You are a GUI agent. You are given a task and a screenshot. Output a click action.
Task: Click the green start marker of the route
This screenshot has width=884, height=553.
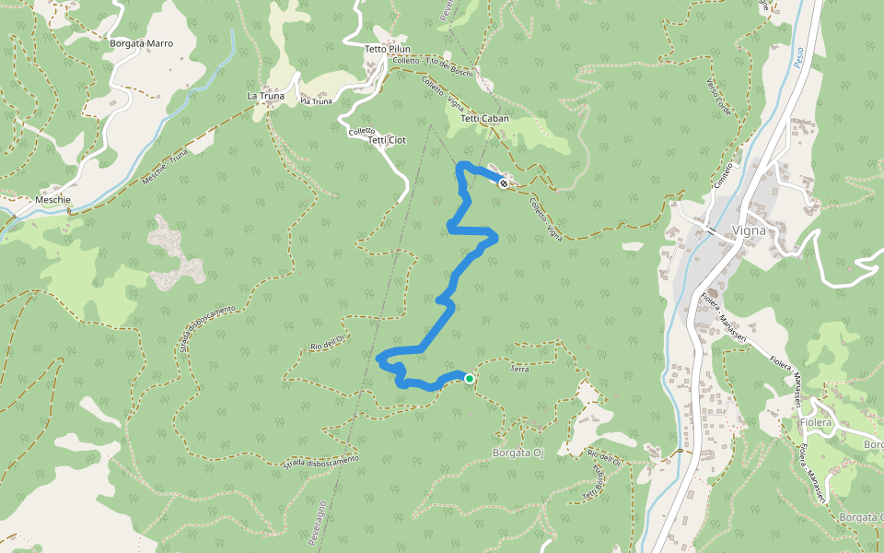(469, 378)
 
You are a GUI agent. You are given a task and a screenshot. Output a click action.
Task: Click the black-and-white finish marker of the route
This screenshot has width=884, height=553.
(503, 183)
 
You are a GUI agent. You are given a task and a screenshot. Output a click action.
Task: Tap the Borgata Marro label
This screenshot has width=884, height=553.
(141, 43)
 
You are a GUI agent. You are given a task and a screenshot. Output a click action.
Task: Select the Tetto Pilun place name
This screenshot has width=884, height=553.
(388, 49)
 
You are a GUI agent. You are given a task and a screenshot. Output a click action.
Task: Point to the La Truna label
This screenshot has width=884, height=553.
(265, 95)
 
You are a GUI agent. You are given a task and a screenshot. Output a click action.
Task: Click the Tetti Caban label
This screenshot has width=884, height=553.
(484, 119)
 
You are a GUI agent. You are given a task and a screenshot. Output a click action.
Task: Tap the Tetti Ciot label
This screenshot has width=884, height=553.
(387, 140)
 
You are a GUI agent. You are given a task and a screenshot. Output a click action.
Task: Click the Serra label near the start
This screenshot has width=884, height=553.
(519, 368)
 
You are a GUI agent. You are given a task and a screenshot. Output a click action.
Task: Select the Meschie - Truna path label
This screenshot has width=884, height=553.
(166, 170)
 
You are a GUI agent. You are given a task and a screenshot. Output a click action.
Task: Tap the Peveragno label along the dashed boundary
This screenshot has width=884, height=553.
(319, 521)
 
